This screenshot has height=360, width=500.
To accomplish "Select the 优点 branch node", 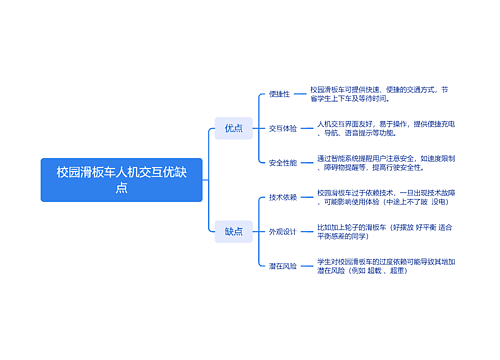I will pyautogui.click(x=233, y=128).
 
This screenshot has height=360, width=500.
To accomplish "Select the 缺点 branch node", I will pyautogui.click(x=233, y=232).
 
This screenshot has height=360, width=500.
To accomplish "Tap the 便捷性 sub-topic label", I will pyautogui.click(x=279, y=94).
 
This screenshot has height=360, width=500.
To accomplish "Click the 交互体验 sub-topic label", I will pyautogui.click(x=283, y=128).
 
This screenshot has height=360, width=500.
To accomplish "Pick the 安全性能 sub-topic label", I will pyautogui.click(x=283, y=162).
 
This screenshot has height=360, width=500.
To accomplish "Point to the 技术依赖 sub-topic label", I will pyautogui.click(x=283, y=197).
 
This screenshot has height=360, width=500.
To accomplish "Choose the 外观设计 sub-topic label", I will pyautogui.click(x=283, y=231).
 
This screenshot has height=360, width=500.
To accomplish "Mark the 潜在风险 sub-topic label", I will pyautogui.click(x=283, y=266).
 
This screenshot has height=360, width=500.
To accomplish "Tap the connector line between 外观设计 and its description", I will pyautogui.click(x=308, y=231).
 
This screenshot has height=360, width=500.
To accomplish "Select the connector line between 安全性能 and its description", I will pyautogui.click(x=308, y=162).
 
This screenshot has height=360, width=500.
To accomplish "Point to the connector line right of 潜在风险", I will pyautogui.click(x=308, y=266).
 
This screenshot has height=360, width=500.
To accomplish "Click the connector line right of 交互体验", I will pyautogui.click(x=308, y=128).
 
